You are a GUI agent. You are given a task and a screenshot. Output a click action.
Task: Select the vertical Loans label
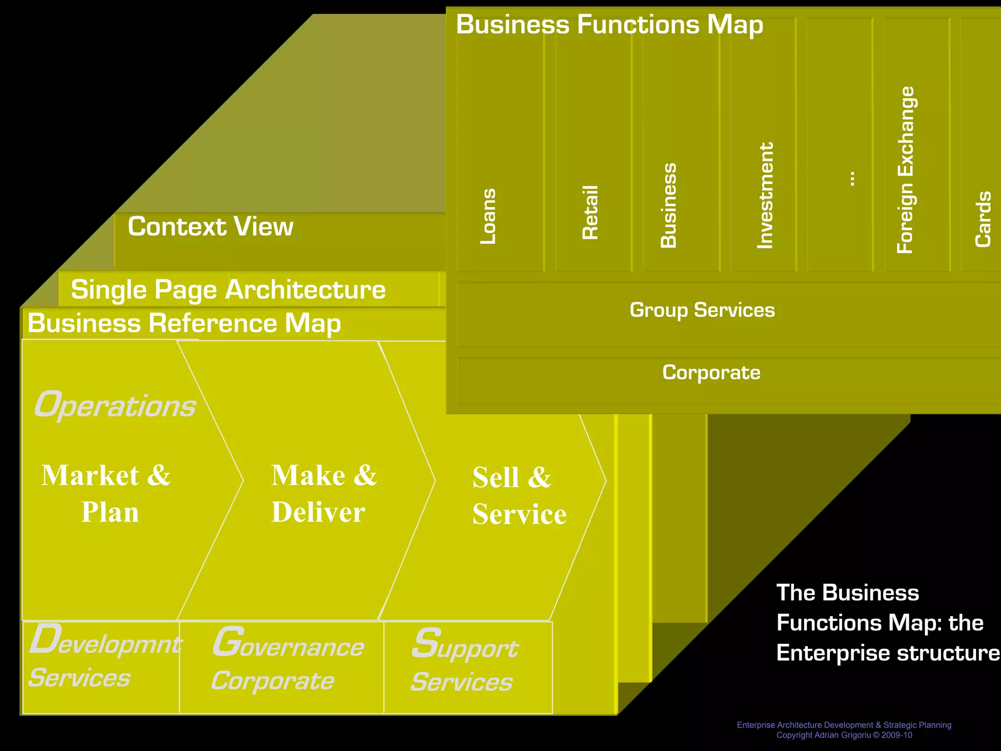tap(488, 216)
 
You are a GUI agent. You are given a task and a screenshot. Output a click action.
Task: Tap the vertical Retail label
tap(590, 212)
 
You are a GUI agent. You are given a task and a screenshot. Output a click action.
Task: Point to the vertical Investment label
tap(765, 195)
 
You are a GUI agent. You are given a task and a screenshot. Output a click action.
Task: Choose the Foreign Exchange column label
tap(906, 170)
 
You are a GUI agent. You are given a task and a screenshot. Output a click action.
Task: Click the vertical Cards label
tap(983, 219)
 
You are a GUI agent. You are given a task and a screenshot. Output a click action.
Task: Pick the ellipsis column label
tap(851, 178)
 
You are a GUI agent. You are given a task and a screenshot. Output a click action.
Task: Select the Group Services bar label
tap(702, 310)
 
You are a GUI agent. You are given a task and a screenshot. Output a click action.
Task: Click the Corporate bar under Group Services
tap(711, 373)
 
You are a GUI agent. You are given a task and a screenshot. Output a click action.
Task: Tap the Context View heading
tap(210, 227)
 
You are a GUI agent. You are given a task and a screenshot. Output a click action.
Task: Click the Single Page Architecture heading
tap(228, 289)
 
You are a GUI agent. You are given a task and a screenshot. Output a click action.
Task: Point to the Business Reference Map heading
tap(184, 323)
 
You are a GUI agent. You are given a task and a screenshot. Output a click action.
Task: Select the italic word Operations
tap(115, 405)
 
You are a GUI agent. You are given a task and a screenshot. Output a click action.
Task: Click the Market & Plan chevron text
tap(107, 493)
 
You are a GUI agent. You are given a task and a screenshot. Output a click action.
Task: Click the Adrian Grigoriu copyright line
tap(844, 735)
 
